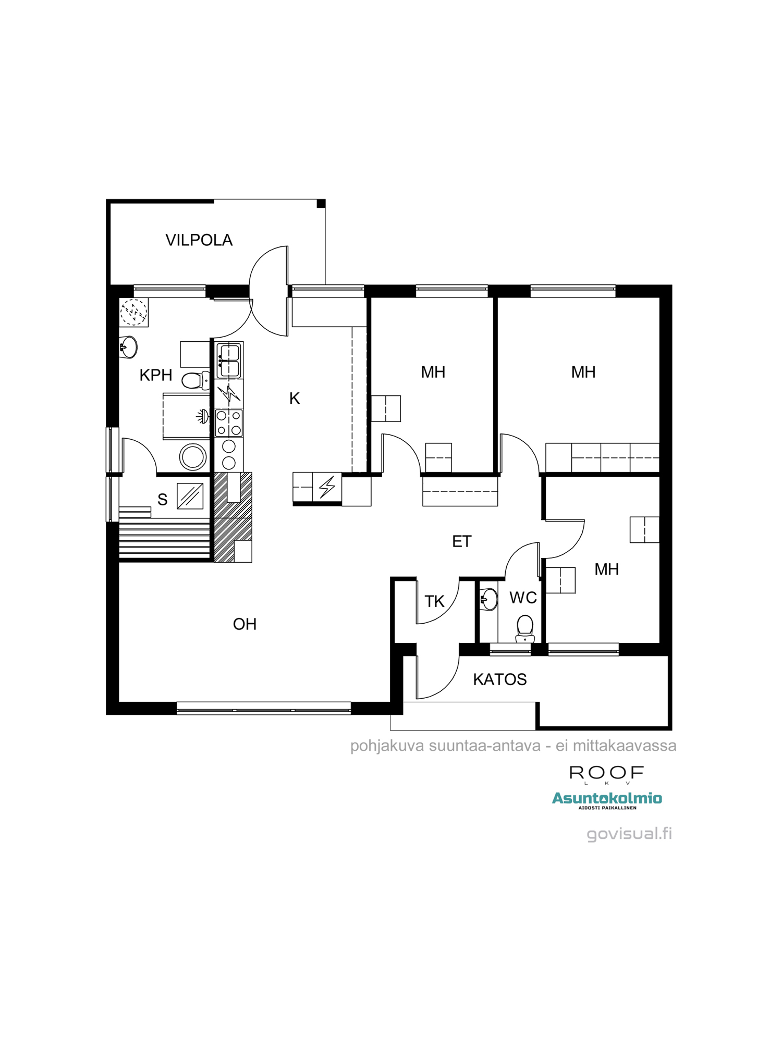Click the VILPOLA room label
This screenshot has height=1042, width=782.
point(199,240)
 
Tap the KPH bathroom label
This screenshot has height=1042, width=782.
point(155,375)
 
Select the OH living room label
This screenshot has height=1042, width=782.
point(245,624)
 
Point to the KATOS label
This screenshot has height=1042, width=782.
point(499,679)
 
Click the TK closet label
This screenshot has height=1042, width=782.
point(434,602)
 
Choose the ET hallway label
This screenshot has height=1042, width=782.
point(461,542)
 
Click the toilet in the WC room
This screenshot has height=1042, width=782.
point(524,628)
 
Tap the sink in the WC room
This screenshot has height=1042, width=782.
point(488,599)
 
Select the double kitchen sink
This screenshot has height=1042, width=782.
point(229,361)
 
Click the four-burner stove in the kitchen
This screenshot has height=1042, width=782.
point(229,423)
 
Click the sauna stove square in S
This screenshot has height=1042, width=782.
point(190,496)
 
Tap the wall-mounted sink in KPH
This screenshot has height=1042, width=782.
point(128,347)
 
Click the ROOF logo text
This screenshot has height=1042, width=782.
point(606,773)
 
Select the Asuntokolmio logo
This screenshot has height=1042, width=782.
point(607,799)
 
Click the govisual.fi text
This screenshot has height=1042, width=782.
point(629,834)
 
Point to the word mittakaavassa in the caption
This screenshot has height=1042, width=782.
point(624,746)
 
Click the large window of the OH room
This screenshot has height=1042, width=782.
point(263,708)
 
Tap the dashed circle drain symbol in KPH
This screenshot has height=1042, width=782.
point(134,312)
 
